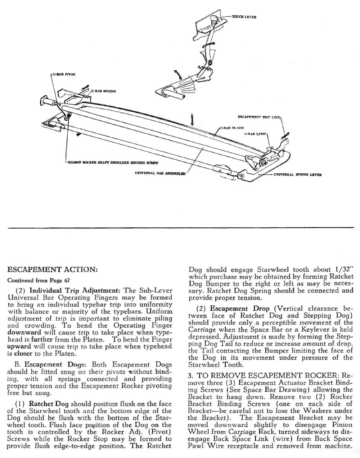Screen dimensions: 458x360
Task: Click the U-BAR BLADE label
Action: (x=232, y=128)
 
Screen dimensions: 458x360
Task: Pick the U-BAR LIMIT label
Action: (x=256, y=134)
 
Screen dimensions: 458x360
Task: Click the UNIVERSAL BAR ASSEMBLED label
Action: (x=160, y=173)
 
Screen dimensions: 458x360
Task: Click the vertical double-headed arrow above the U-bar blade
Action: (x=193, y=118)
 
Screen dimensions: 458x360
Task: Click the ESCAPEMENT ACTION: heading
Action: (x=52, y=270)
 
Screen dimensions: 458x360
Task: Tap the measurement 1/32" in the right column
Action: (x=344, y=270)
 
